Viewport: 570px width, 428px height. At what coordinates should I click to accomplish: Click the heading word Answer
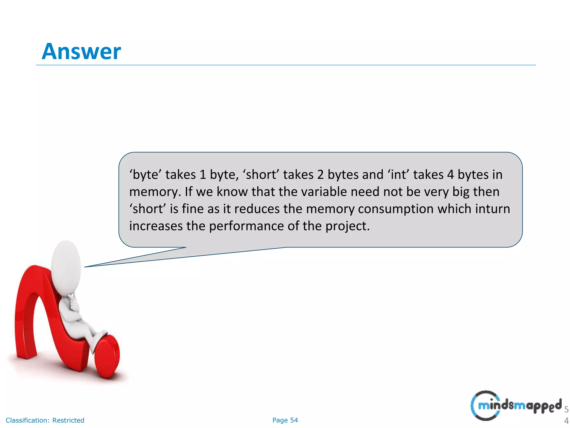point(81,52)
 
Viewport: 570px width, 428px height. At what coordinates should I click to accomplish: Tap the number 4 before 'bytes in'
point(450,175)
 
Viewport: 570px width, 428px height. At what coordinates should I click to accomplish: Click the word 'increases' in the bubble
point(156,226)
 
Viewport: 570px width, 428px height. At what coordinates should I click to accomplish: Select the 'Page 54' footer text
point(285,420)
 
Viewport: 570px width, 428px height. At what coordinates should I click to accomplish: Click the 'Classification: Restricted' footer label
point(45,420)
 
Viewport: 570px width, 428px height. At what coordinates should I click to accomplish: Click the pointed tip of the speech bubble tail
point(85,267)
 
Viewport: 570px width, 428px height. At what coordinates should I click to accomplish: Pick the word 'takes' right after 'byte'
point(181,175)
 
